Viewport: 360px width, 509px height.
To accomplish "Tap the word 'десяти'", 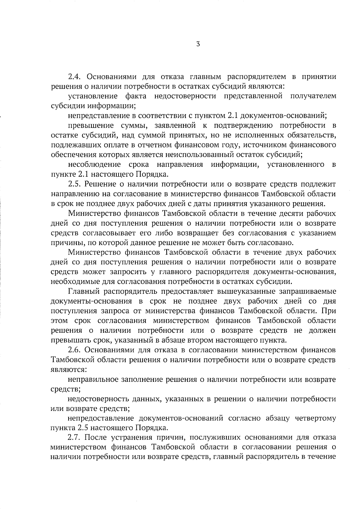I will [271, 214].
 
